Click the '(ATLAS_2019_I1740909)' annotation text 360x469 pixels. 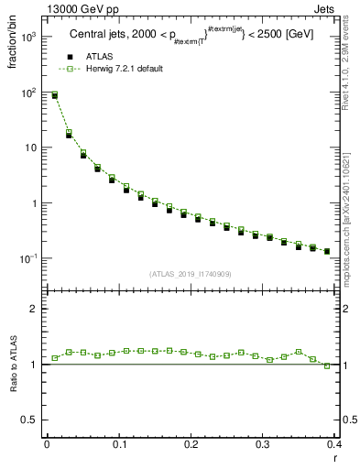point(191,274)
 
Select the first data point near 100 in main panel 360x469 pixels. point(54,94)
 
